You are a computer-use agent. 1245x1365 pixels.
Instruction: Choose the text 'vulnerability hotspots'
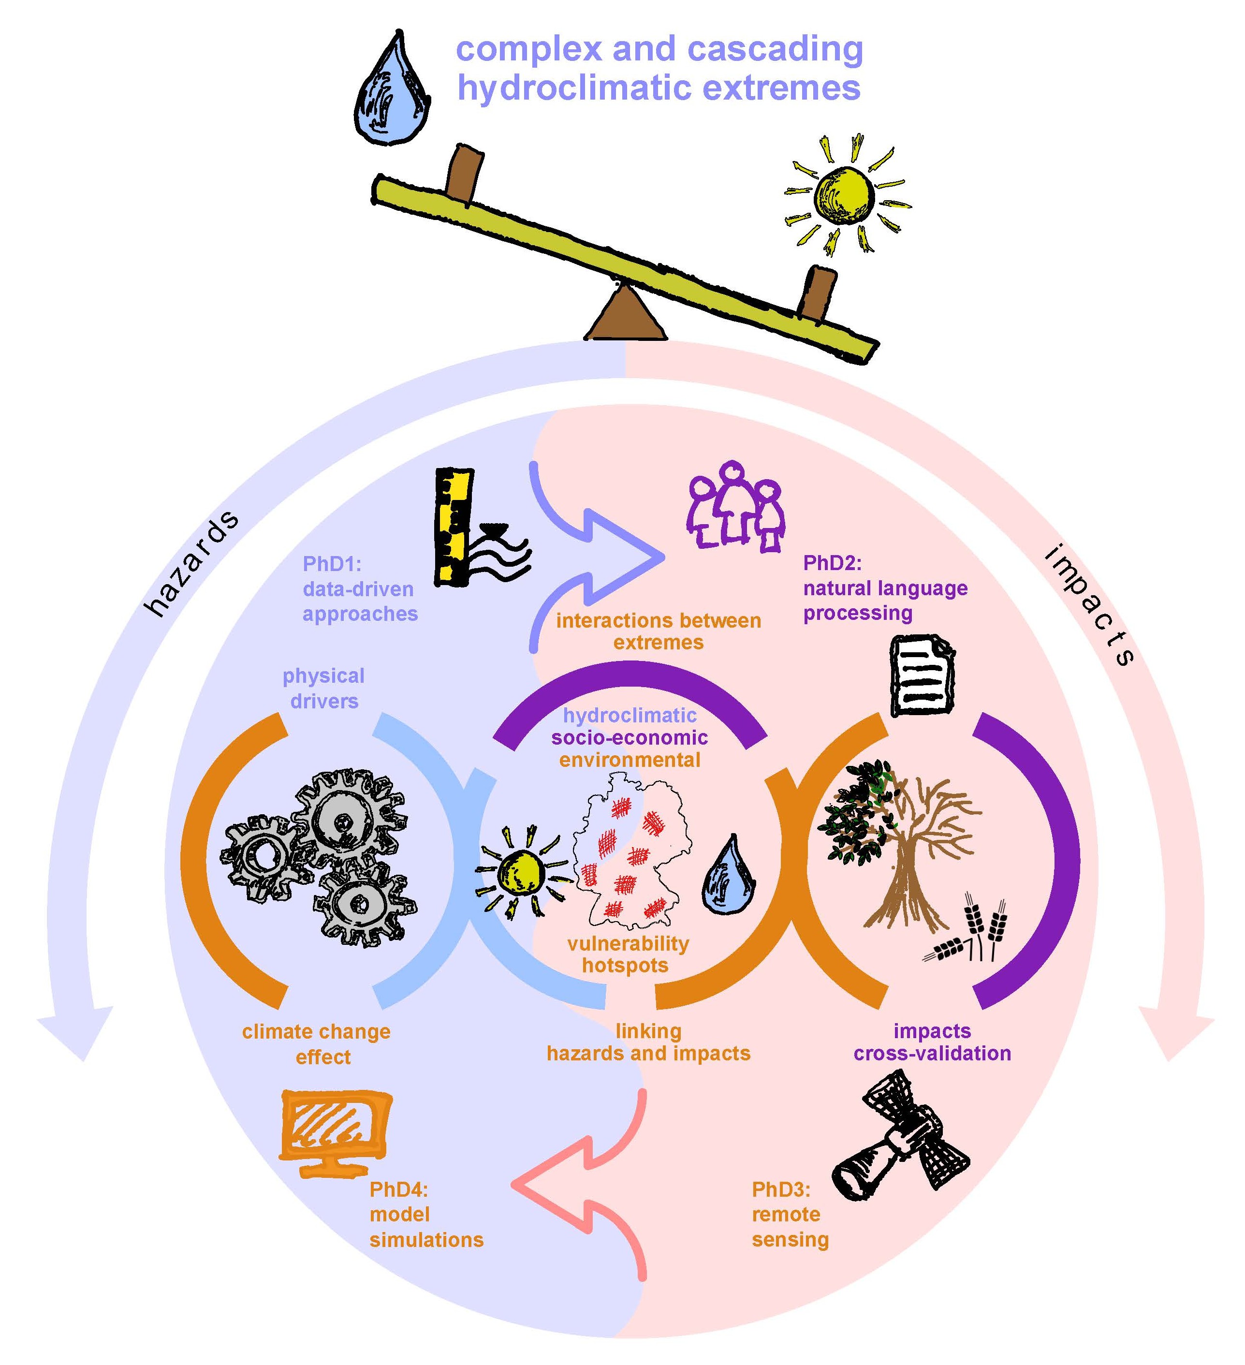coord(628,954)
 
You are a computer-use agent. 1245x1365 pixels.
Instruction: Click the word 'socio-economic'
coord(630,737)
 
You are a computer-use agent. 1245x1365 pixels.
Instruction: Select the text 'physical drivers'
coord(323,688)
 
